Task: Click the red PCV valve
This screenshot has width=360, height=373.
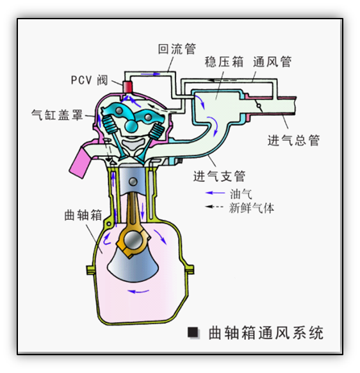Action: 127,87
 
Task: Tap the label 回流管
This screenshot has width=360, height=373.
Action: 177,49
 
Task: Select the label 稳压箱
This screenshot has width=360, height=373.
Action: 224,62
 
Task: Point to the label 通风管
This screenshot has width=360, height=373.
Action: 272,62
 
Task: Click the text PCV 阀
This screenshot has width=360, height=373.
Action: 90,80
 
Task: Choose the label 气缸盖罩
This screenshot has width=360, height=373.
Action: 57,115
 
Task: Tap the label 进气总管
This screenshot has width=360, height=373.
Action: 293,140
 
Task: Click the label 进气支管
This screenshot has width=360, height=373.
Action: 219,176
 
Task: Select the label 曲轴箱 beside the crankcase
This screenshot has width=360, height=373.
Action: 83,215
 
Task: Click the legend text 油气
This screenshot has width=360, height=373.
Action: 241,194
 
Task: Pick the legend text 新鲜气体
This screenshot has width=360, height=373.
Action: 252,208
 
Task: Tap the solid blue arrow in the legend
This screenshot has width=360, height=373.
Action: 215,193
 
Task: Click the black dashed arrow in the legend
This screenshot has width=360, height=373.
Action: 214,206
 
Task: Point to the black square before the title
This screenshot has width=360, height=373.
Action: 193,333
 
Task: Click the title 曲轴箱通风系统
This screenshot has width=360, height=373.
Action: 266,333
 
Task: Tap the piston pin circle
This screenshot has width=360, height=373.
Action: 133,181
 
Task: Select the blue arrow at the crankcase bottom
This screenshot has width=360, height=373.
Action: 138,291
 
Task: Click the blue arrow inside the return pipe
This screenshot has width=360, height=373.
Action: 151,74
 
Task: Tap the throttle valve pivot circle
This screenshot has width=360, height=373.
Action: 259,106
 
